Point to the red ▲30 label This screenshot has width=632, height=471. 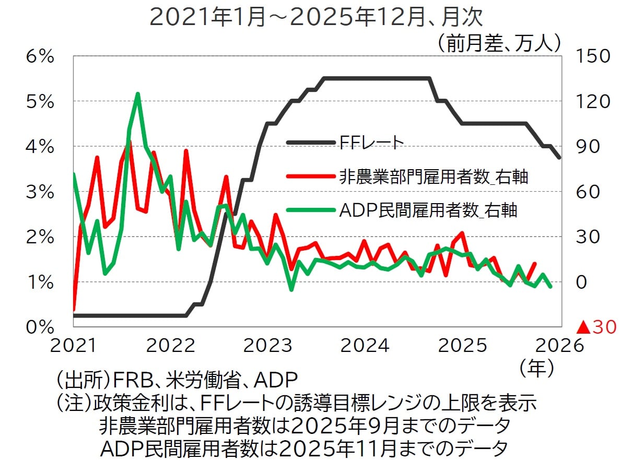click(595, 327)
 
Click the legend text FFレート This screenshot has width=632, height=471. click(371, 142)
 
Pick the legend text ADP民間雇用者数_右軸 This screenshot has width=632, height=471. click(428, 210)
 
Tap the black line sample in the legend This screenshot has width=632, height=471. click(310, 142)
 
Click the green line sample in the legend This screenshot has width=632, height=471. click(310, 210)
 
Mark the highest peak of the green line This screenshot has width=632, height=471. click(137, 94)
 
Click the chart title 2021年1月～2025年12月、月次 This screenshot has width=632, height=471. click(316, 17)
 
